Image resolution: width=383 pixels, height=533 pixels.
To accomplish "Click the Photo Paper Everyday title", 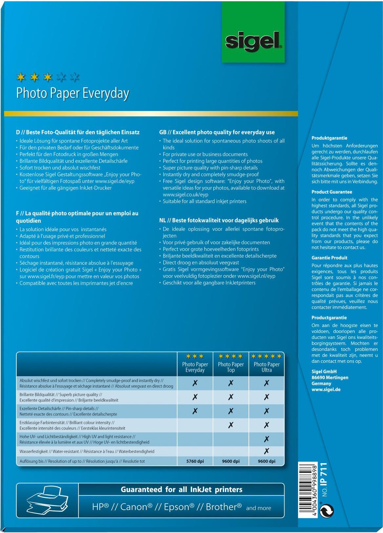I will coord(73,93).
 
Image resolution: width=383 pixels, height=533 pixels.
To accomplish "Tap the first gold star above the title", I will coord(21,77).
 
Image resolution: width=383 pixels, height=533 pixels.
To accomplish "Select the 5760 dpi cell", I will coord(195,461).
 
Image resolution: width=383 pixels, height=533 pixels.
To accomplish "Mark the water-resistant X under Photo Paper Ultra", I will coord(267,451).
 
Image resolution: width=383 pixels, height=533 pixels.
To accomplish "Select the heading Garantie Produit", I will coord(329,258).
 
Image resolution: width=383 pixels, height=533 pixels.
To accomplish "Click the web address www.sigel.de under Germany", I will coord(326,390).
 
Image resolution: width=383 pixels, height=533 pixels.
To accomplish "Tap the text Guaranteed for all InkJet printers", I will coord(181,490).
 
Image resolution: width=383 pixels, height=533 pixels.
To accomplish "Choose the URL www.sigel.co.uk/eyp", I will coord(186,195).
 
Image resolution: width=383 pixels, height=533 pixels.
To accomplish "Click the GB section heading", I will coord(217,133).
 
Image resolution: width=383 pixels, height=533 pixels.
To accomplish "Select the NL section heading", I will coord(219,220).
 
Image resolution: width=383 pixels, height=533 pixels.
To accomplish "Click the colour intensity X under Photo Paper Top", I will coord(231,425).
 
